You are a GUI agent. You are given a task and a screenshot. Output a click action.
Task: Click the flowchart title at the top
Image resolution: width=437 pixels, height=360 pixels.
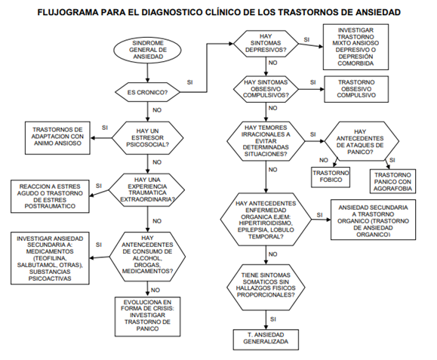coord(219,13)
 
